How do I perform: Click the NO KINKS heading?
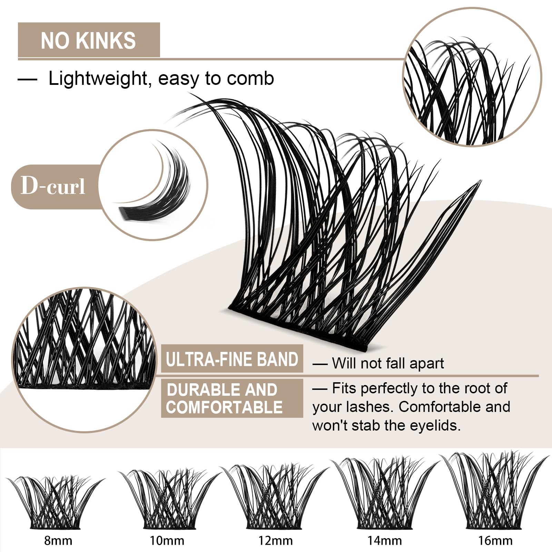tap(88, 40)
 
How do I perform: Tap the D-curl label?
tap(53, 186)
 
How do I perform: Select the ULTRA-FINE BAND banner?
tap(232, 359)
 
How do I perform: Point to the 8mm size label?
tap(58, 540)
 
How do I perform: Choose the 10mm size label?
tap(167, 540)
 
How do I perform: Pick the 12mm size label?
tap(276, 540)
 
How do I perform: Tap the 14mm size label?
tap(384, 540)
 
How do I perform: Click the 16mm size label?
tap(495, 540)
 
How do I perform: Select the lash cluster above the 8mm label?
tap(55, 504)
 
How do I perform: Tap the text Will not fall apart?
tap(388, 363)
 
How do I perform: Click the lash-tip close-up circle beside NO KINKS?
tap(472, 77)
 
